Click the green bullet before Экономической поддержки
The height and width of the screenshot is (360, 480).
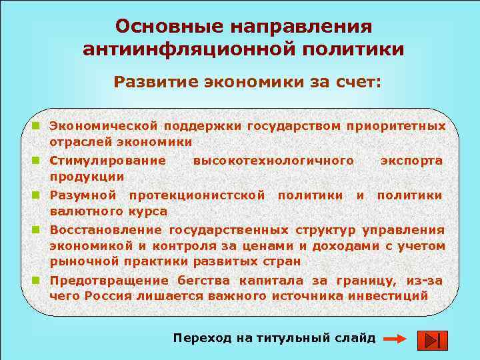coord(41,125)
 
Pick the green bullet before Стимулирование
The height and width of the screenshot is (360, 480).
coord(41,160)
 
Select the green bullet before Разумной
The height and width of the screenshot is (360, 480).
coord(41,195)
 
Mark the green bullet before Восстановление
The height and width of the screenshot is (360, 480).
coord(41,229)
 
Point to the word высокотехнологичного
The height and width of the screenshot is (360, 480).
coord(273,161)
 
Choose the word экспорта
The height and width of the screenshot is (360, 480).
coord(411,161)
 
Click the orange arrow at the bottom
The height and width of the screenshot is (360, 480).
coord(395,339)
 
